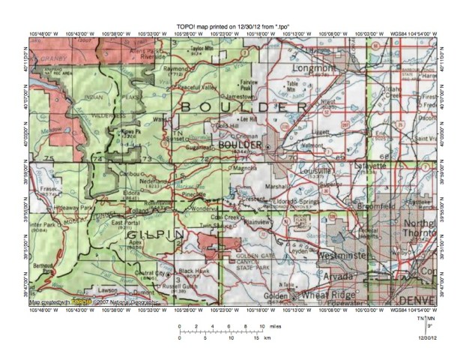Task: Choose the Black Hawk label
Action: [193, 270]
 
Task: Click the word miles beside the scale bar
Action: [276, 327]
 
